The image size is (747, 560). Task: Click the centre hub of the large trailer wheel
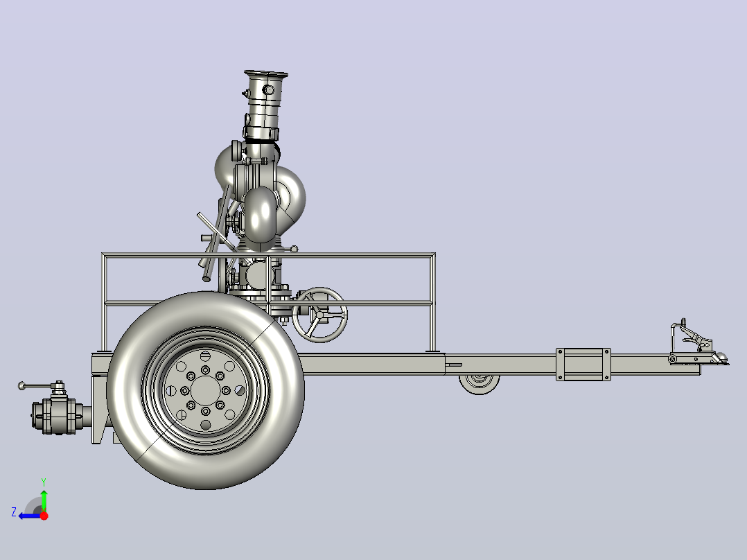coord(205,390)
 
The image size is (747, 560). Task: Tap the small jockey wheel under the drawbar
coord(480,383)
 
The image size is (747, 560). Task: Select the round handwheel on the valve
coord(319,315)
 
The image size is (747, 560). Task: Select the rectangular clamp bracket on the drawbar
coord(583,364)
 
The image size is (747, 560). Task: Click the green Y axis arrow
coord(44,498)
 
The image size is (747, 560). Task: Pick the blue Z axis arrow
coord(31,516)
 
